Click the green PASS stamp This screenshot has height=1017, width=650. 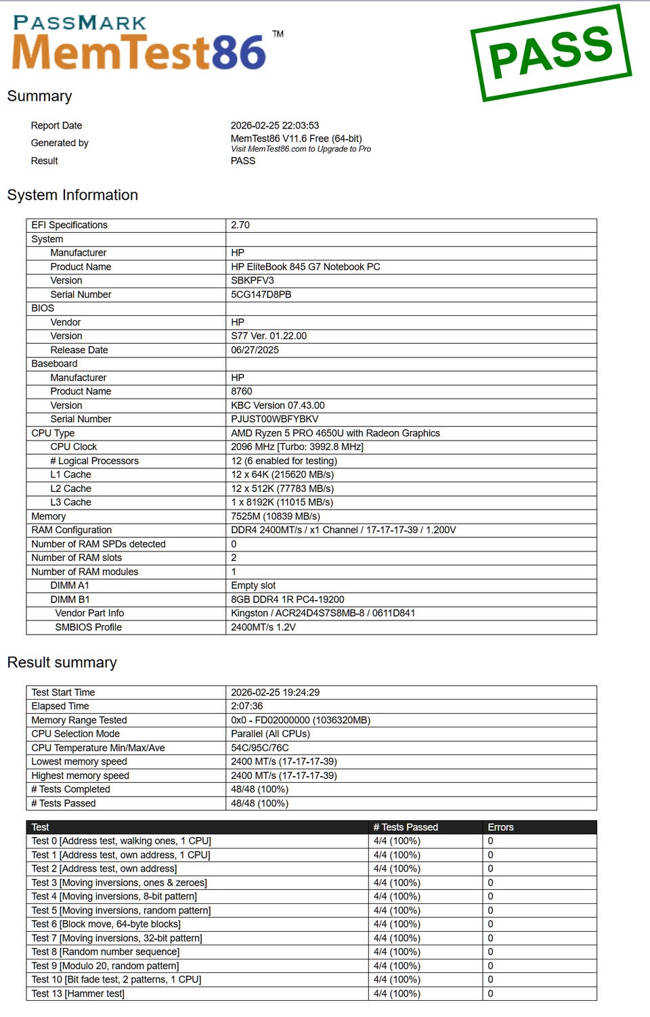[550, 52]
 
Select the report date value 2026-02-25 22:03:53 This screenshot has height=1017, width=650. [274, 125]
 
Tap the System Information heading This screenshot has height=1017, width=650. [72, 195]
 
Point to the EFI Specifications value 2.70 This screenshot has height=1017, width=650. [240, 225]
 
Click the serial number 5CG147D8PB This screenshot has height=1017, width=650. [261, 294]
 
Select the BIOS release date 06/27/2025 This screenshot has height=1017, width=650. [255, 350]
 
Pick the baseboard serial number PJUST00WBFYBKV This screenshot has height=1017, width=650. [274, 419]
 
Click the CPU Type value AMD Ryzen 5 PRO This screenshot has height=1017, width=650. [335, 433]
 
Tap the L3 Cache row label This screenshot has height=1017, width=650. [70, 502]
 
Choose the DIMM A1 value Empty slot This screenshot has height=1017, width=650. [253, 585]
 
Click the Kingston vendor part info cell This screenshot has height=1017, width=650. [322, 613]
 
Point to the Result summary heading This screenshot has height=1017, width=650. [62, 662]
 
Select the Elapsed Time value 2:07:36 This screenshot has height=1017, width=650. [246, 706]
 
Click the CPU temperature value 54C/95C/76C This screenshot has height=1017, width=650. [259, 748]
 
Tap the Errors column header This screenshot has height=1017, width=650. [500, 827]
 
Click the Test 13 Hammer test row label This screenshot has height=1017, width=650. [78, 993]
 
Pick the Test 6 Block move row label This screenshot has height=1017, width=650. [106, 924]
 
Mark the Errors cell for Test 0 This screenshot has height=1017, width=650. [490, 841]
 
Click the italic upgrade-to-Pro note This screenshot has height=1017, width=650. [301, 149]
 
